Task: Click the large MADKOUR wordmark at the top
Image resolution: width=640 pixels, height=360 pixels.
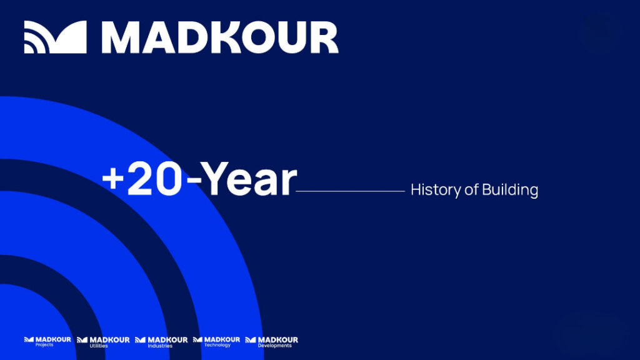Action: tap(220, 37)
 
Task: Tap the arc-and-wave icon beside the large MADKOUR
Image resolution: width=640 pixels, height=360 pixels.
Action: tap(56, 37)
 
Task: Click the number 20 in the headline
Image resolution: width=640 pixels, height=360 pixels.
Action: tap(154, 179)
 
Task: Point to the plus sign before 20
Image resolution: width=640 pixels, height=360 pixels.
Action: tap(112, 179)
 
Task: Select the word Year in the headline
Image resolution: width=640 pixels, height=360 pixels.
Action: tap(249, 178)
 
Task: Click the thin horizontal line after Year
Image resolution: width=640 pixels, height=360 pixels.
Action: tap(350, 191)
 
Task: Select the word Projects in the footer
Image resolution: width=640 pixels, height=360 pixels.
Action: tap(44, 345)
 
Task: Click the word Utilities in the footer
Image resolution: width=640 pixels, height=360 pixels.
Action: tap(99, 346)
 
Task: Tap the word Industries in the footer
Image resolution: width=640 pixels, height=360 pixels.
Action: tap(160, 346)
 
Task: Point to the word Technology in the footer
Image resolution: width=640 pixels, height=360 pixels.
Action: tap(217, 345)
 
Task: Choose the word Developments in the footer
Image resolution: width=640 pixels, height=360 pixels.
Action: tap(275, 346)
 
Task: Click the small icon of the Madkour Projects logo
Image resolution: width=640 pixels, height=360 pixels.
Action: tap(29, 339)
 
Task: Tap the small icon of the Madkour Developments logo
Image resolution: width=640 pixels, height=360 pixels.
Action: tap(251, 340)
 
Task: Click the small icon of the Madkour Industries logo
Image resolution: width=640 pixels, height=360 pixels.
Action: tap(141, 340)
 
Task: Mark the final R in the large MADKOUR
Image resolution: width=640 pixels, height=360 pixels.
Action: tap(324, 37)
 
